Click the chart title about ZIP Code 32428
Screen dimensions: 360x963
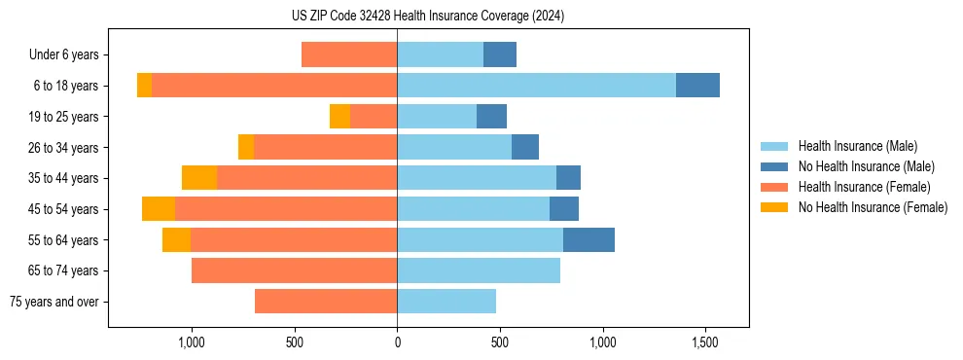tap(427, 16)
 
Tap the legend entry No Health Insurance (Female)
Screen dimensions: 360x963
tap(873, 207)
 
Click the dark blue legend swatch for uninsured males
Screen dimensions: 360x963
tap(774, 166)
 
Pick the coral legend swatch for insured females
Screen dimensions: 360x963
tap(774, 187)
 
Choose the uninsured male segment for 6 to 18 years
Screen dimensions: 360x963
tap(697, 86)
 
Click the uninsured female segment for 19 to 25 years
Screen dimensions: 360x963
tap(339, 117)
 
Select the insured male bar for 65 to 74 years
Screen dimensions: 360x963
tap(479, 270)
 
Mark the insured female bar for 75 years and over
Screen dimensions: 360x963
tap(326, 302)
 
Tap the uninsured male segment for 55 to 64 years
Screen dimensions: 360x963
tap(588, 239)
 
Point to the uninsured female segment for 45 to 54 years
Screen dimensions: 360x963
tap(159, 209)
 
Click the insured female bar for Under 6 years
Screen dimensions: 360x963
tap(349, 55)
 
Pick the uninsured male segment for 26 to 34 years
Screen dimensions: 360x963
tap(525, 147)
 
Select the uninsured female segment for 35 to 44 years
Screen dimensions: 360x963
tap(199, 178)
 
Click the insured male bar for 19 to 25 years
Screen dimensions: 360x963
tap(437, 117)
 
